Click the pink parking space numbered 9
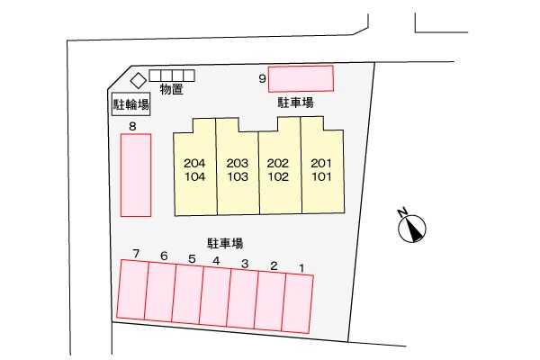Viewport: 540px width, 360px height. (301, 78)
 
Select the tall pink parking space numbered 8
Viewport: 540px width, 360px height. (136, 175)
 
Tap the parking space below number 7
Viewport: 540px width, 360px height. (132, 290)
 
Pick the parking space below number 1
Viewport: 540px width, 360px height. (297, 303)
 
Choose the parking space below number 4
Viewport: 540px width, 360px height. (215, 296)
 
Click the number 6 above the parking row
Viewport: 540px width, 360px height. (164, 256)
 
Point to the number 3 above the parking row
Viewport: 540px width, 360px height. (245, 264)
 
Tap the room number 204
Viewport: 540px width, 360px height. (194, 163)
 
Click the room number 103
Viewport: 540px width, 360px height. (238, 176)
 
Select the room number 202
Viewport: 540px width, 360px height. (278, 163)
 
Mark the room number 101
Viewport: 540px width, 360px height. (321, 176)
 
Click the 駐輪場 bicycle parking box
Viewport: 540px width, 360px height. (131, 103)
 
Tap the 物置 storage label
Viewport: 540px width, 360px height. (172, 89)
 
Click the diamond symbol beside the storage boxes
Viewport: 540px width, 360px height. (139, 81)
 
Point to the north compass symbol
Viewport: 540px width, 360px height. (412, 229)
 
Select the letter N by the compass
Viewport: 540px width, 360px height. (402, 212)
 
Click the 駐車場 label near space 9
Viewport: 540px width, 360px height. (295, 103)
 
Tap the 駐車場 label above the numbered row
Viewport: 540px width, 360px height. (225, 243)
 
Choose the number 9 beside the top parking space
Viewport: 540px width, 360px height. (263, 78)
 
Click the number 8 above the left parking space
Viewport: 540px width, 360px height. (132, 126)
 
